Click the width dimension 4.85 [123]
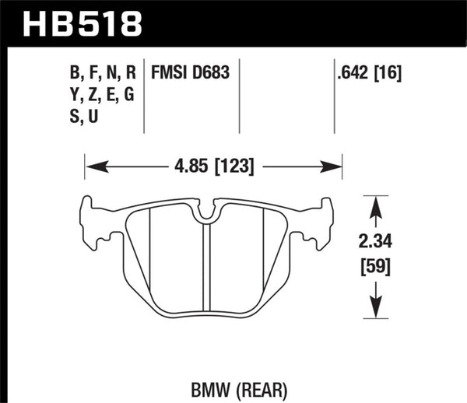[212, 166]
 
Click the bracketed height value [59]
[376, 268]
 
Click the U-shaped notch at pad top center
[206, 210]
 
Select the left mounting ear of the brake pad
[94, 222]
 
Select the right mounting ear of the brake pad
[320, 222]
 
